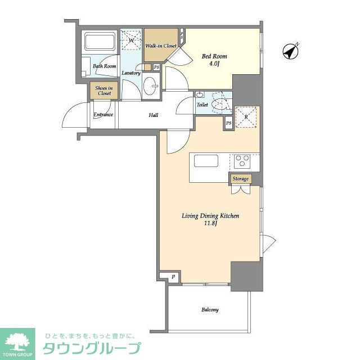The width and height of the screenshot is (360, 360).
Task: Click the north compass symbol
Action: point(290,51)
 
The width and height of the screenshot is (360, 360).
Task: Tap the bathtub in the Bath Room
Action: point(100,41)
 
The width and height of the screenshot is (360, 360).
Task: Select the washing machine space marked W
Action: point(131,40)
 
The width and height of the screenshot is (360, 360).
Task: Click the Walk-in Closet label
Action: point(161,46)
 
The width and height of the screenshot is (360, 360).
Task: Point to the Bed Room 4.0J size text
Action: point(214,64)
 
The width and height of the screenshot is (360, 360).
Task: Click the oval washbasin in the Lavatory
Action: point(151,86)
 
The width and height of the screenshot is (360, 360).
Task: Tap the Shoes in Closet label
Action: point(104,91)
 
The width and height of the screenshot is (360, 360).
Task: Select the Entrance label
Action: point(103,114)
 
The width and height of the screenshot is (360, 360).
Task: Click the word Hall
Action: point(154,115)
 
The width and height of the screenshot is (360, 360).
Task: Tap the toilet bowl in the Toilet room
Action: point(220,105)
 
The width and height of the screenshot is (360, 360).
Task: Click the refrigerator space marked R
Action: point(246,117)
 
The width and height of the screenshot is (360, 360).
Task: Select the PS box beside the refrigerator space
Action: point(229,123)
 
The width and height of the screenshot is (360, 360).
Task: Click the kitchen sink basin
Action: point(206,161)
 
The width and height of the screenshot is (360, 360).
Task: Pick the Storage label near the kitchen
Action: point(240,179)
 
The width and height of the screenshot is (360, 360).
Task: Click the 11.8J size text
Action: point(210,223)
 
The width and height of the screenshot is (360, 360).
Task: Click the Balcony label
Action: point(210,310)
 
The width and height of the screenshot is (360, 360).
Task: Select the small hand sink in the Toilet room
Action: point(200,94)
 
